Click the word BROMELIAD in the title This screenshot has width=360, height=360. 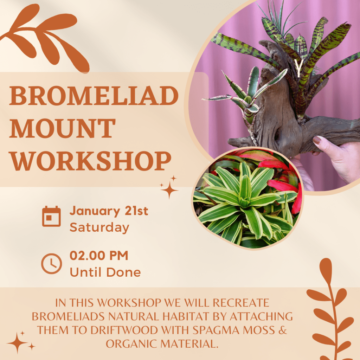[94, 96]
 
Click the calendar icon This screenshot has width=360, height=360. [51, 216]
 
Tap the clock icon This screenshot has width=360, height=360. [51, 264]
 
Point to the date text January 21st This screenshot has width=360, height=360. [109, 211]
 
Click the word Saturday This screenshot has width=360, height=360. [99, 227]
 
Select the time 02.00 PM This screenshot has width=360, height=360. [99, 255]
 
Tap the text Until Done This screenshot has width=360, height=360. [105, 272]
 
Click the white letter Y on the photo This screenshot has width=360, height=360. [299, 68]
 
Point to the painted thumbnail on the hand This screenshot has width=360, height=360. [317, 140]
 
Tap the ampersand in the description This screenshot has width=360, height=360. [283, 330]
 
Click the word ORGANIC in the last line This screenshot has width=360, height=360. [131, 344]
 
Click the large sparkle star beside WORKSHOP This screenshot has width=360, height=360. [169, 190]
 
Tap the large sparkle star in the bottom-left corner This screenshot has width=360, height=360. [17, 343]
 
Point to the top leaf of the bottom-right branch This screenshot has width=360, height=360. [326, 269]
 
